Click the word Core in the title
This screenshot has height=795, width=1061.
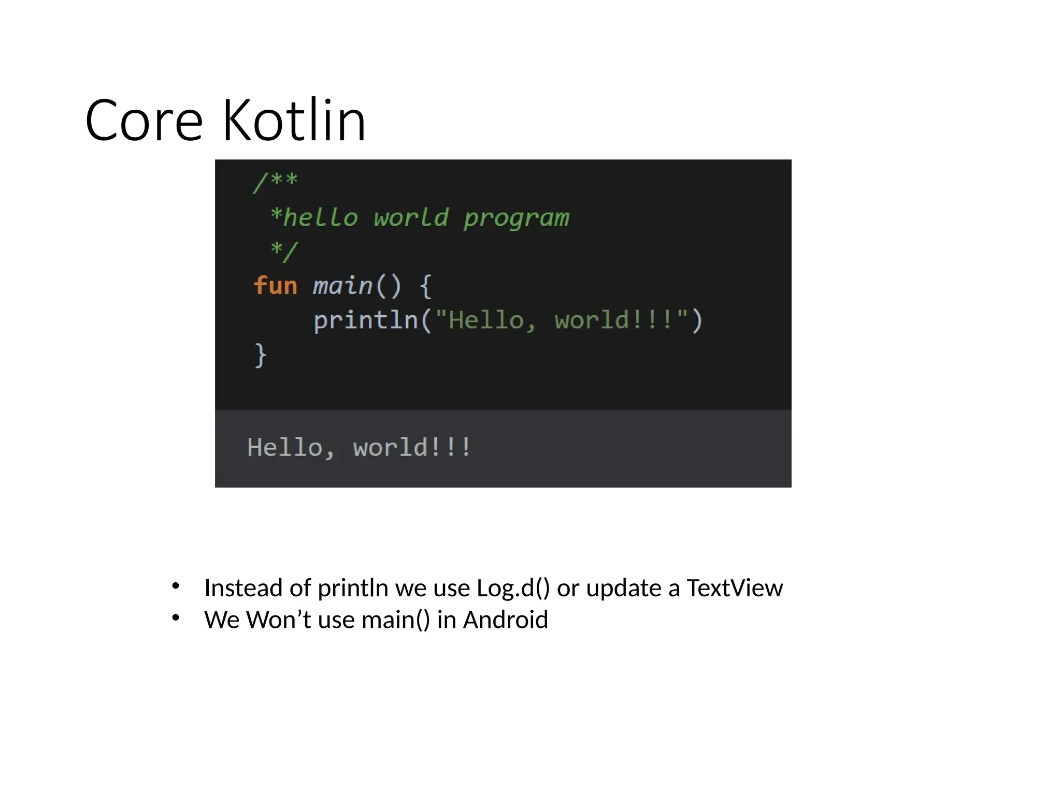(x=144, y=121)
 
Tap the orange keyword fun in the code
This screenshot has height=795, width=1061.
(x=275, y=286)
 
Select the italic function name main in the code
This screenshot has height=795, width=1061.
(x=342, y=286)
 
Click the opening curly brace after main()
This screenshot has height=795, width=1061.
(x=425, y=286)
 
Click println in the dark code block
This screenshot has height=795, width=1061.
(x=366, y=320)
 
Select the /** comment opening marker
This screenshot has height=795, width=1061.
(x=275, y=182)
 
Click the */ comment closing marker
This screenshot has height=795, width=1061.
(x=284, y=251)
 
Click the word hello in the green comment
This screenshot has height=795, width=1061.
(x=321, y=217)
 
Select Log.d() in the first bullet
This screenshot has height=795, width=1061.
(x=513, y=588)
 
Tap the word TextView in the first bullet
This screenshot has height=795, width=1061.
(x=735, y=588)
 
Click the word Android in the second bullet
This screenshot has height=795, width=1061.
(x=505, y=620)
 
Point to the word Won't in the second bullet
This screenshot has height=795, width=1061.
(x=279, y=620)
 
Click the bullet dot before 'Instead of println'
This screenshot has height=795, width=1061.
(x=176, y=586)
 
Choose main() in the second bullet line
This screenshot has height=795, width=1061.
(x=396, y=620)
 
